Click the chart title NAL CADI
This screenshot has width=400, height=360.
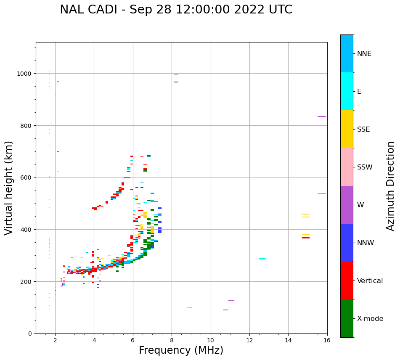[176, 10]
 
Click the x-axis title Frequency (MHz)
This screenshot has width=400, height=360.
[181, 350]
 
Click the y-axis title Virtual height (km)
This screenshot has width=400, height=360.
[9, 188]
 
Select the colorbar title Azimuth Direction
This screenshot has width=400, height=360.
[391, 186]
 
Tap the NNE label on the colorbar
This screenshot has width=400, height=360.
[364, 53]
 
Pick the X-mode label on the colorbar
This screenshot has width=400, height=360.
[370, 318]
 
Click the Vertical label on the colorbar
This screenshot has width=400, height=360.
[370, 281]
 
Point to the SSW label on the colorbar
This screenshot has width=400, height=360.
[365, 167]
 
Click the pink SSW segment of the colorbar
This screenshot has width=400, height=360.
[347, 167]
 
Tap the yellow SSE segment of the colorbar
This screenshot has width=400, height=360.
[347, 129]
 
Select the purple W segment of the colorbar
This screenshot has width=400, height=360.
[347, 205]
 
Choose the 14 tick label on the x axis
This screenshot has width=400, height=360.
[288, 340]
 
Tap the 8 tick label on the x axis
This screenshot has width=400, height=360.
[172, 340]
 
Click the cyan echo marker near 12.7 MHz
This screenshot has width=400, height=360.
[262, 259]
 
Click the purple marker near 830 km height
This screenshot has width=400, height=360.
[322, 116]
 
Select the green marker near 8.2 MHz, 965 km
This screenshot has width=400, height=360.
[176, 82]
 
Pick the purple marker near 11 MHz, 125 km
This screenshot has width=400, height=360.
[231, 301]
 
